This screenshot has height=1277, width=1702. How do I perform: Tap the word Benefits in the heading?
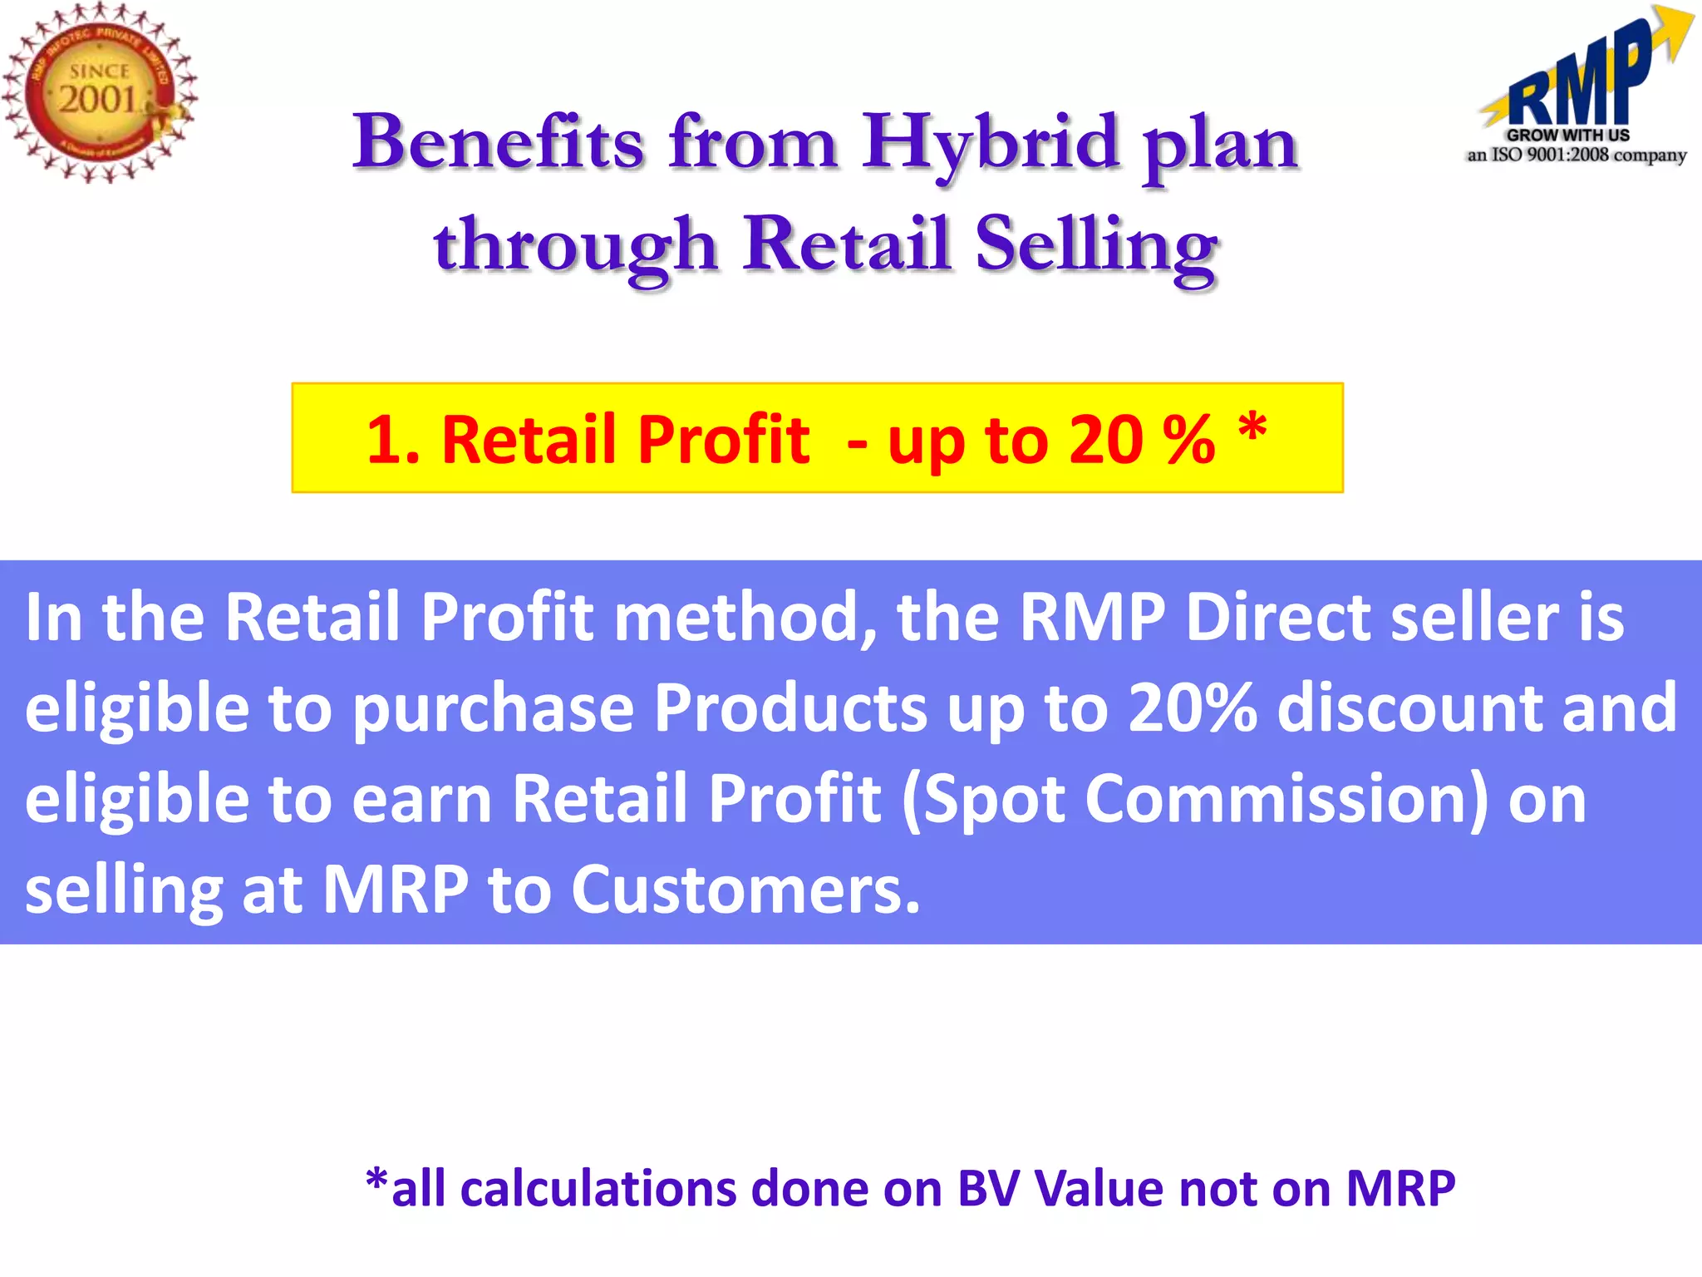(498, 143)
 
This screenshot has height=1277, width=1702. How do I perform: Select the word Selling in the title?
(1096, 244)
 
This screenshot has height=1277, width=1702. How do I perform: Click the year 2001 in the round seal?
(97, 100)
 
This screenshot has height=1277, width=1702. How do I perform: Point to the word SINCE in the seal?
(99, 71)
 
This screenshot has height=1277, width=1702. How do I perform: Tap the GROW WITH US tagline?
(1568, 135)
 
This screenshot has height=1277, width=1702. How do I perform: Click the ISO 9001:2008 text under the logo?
(1551, 155)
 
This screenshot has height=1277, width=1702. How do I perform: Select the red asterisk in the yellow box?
(1252, 429)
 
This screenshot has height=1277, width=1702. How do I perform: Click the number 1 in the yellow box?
(384, 440)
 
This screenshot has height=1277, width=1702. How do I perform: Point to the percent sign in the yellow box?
(1188, 440)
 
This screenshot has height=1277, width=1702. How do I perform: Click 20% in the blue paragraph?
(1192, 708)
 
